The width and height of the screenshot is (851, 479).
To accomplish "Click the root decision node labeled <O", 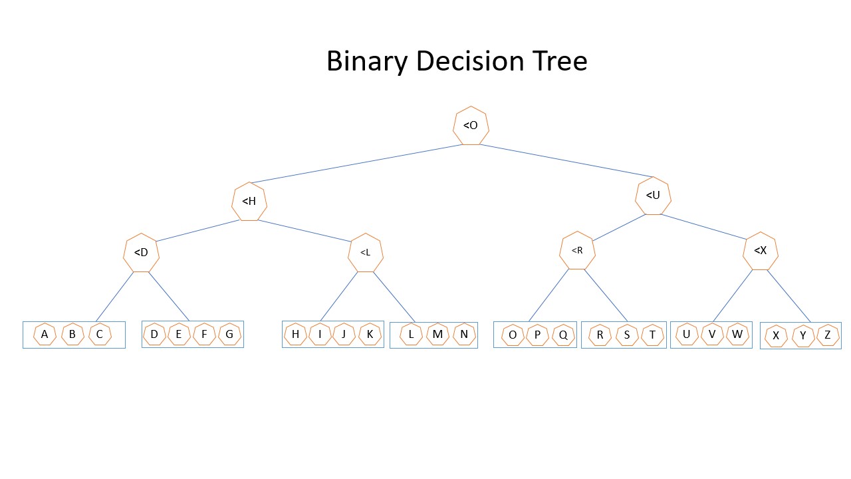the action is tap(471, 126).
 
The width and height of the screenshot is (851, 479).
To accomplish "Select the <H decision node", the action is tap(249, 202).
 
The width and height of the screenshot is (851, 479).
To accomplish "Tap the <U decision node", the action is tap(653, 196).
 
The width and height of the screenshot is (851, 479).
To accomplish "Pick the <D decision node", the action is tap(141, 252).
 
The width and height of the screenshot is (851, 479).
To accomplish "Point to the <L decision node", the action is tap(366, 252).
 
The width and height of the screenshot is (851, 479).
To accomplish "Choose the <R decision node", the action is tap(577, 250).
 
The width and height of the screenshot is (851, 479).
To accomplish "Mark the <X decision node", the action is tap(761, 251).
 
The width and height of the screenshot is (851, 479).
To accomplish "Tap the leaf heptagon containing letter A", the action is tap(45, 334).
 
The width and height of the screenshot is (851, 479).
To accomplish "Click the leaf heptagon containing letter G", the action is tap(230, 334).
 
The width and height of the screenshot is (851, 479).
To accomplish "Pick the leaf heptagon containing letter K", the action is tap(370, 334).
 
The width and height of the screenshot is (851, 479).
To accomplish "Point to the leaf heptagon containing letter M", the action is tap(437, 334).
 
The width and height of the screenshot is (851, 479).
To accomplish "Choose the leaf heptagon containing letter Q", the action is tap(563, 335).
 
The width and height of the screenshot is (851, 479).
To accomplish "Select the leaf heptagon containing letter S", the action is tap(627, 335).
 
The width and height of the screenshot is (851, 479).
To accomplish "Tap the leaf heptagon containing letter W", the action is tap(737, 334).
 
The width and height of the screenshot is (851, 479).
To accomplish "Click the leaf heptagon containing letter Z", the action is tap(828, 335).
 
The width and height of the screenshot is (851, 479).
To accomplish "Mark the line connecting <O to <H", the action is tap(356, 164).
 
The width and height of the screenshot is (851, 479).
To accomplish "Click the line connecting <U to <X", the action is tap(703, 227).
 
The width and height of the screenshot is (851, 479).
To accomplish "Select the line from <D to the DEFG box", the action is tap(169, 297).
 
